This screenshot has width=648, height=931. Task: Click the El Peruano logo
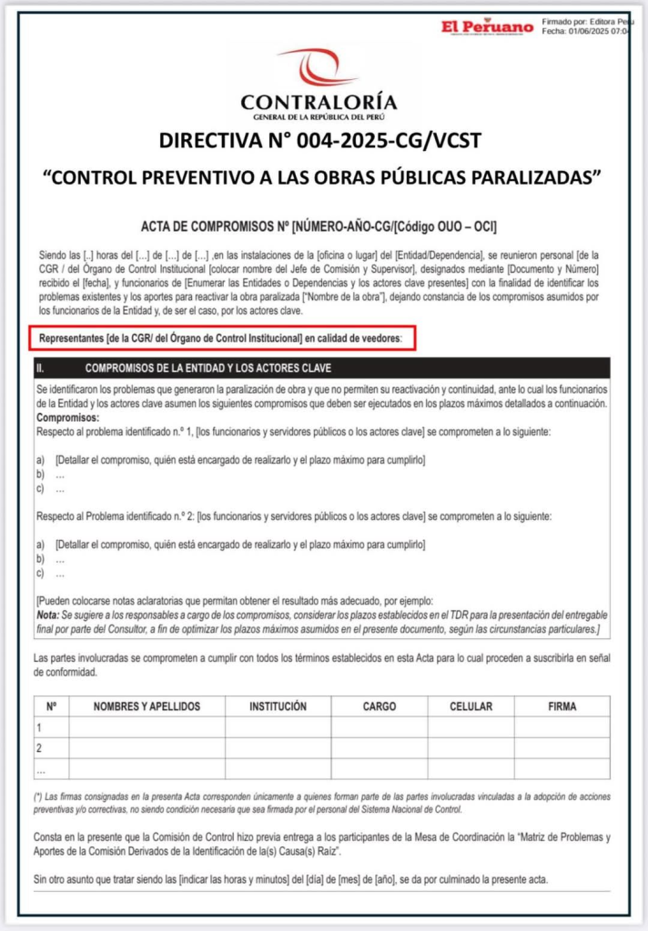click(487, 27)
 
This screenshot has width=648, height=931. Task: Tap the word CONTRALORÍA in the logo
click(319, 102)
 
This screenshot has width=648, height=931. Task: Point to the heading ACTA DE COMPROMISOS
click(214, 225)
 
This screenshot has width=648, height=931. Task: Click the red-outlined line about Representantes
click(222, 339)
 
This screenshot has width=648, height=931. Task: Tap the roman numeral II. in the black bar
click(40, 368)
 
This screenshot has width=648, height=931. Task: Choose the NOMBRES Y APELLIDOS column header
click(147, 706)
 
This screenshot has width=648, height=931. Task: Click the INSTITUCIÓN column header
click(278, 706)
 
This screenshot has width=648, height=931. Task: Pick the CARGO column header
click(379, 706)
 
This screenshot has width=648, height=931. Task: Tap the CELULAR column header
click(471, 706)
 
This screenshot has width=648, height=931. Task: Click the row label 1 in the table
click(39, 727)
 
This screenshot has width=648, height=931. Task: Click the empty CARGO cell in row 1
click(379, 727)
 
